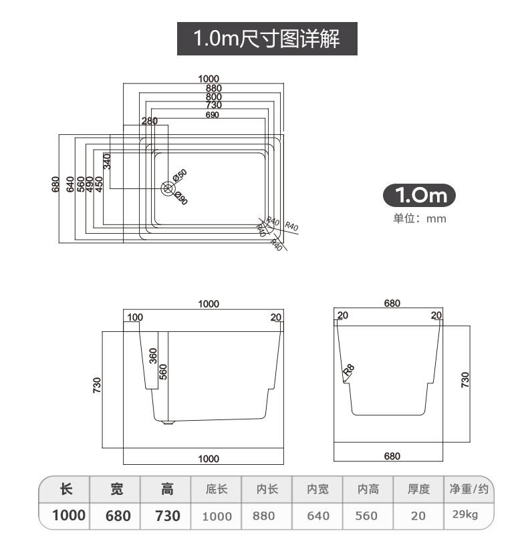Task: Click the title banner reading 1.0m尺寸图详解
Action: click(267, 38)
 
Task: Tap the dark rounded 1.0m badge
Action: click(419, 195)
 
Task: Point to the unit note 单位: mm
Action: click(419, 218)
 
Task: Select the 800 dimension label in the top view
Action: click(213, 97)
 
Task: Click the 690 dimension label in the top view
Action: click(213, 115)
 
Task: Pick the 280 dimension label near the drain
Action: click(149, 121)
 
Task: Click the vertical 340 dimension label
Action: click(106, 161)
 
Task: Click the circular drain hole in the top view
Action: click(167, 188)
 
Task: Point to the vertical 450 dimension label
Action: click(99, 184)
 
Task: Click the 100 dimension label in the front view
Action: click(135, 317)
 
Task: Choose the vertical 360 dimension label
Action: click(153, 355)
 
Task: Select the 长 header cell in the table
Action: click(65, 489)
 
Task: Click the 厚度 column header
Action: click(418, 489)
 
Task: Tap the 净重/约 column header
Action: click(469, 489)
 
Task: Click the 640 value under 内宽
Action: click(318, 516)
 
